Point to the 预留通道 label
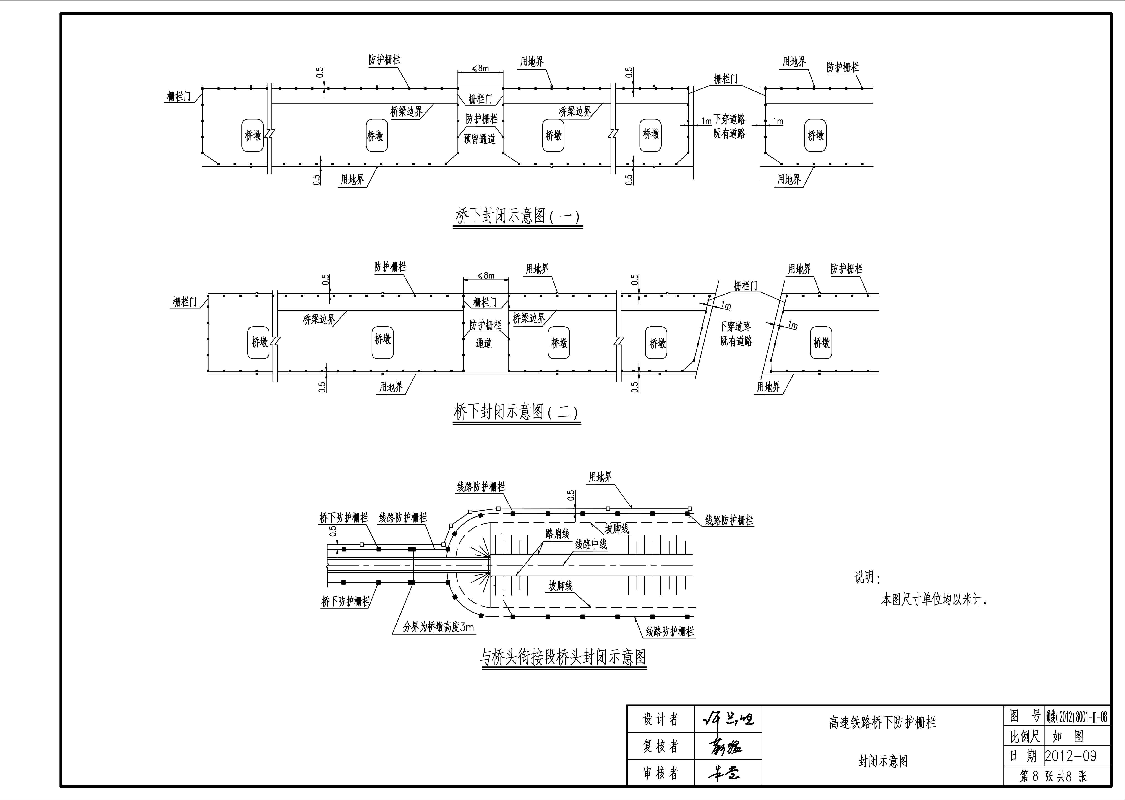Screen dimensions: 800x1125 pos(480,139)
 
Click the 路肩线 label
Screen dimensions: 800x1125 pos(557,533)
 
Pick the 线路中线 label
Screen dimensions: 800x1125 pos(591,545)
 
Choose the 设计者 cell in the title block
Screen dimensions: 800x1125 pos(660,720)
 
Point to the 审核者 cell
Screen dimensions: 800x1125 pos(660,773)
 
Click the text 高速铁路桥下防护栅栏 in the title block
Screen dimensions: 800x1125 pos(882,723)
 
